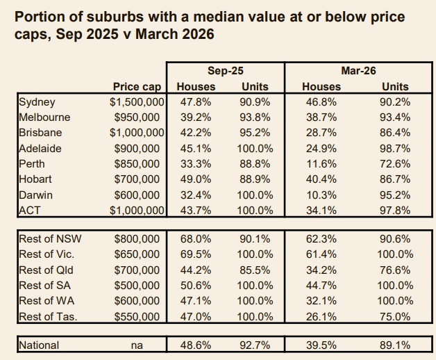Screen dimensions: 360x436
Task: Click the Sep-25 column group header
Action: (226, 71)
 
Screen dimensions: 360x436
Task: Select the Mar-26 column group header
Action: (358, 71)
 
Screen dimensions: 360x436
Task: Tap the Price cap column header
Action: (137, 87)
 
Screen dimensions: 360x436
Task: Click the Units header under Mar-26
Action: (395, 87)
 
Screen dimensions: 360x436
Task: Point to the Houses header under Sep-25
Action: (196, 87)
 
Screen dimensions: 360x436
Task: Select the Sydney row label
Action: (37, 101)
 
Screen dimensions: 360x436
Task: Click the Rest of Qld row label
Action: (45, 270)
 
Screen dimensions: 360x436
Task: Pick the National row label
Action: (39, 345)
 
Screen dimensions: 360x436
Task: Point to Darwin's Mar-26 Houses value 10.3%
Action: (321, 193)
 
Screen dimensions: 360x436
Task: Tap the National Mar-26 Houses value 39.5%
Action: (321, 345)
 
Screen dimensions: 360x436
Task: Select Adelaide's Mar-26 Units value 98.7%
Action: (396, 147)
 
